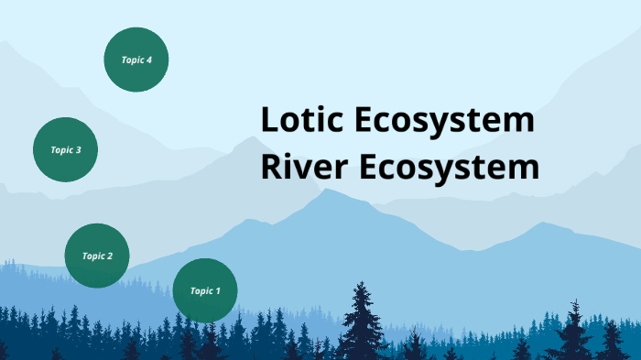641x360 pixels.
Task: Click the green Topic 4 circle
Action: pos(136,60)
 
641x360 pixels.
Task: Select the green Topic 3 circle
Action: pos(66,149)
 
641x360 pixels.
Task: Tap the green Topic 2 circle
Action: pos(97,256)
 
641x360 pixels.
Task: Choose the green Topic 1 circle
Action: pos(205,290)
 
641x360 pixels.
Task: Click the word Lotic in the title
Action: pos(302,121)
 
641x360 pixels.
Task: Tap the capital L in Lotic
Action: pos(268,121)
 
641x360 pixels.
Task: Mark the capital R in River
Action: pos(270,169)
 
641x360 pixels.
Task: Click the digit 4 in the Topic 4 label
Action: pos(148,60)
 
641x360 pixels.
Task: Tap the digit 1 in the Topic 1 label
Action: pos(218,291)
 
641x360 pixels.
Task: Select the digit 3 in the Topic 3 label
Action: pos(79,149)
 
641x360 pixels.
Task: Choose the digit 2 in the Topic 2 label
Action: pos(110,256)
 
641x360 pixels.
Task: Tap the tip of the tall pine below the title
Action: pos(362,283)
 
